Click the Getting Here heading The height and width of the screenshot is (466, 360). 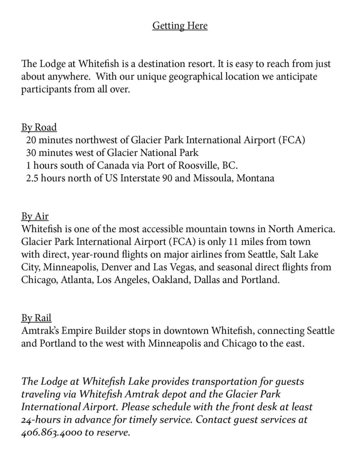pyautogui.click(x=180, y=26)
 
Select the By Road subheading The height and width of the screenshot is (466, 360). pyautogui.click(x=39, y=127)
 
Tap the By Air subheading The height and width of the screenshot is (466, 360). pyautogui.click(x=35, y=216)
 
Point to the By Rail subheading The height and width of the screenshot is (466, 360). pyautogui.click(x=36, y=317)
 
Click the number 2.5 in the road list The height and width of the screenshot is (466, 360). pyautogui.click(x=33, y=178)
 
